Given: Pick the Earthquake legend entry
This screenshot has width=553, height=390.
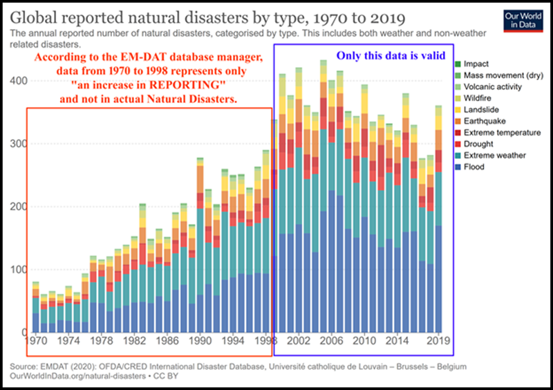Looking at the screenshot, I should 484,121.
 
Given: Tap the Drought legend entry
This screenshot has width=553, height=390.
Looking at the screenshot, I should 480,144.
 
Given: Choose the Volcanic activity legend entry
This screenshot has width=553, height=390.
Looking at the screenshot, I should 491,86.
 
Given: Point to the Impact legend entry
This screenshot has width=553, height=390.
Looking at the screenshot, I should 477,64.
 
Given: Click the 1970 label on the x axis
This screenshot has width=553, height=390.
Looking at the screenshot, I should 36,341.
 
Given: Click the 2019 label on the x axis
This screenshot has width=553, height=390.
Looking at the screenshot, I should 437,341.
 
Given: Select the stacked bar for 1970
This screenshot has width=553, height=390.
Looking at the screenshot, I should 36,307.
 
